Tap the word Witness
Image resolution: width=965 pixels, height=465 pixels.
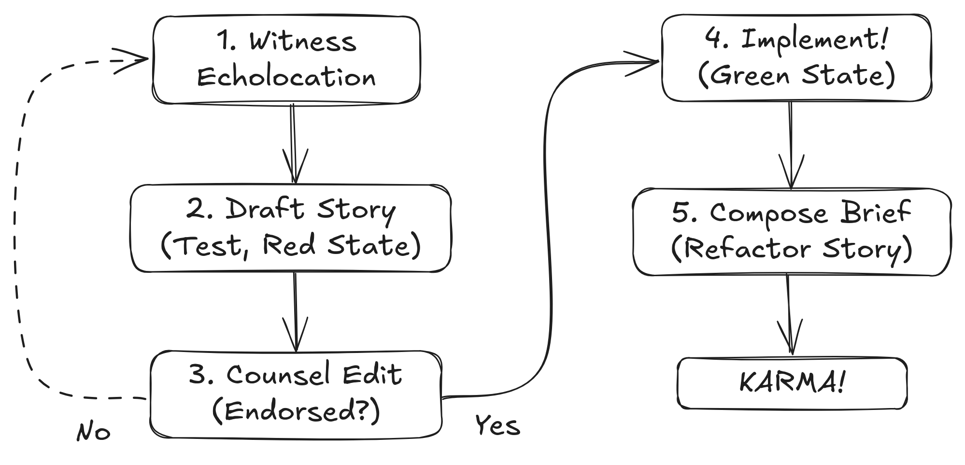[303, 42]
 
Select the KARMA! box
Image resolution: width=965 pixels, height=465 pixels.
[792, 383]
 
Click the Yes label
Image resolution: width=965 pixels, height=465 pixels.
[497, 426]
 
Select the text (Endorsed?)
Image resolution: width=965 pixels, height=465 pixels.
[296, 411]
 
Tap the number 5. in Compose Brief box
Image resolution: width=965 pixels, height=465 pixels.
[684, 213]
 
